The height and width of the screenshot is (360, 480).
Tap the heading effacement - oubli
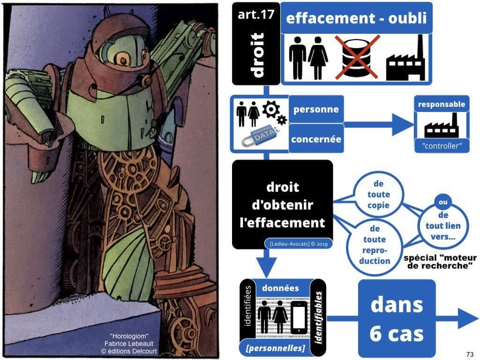[x=356, y=19]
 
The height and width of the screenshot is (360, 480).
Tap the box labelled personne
[x=315, y=110]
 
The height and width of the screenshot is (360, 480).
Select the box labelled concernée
[x=315, y=139]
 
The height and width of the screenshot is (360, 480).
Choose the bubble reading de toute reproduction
[x=374, y=244]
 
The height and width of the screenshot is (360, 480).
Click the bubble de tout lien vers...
[x=443, y=225]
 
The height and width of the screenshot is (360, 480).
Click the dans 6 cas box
[x=397, y=319]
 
